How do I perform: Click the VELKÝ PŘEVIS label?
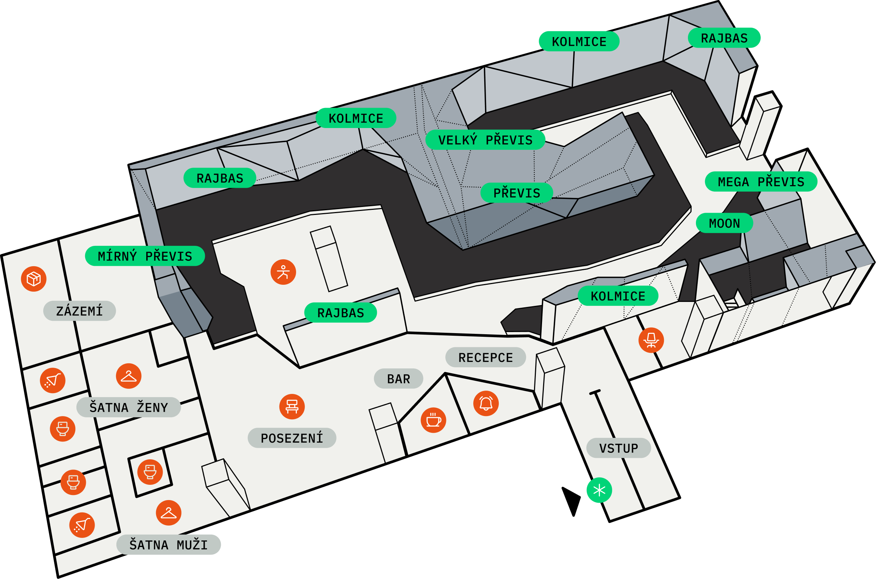(x=485, y=140)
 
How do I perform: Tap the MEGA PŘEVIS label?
(x=761, y=181)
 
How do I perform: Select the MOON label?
(x=725, y=223)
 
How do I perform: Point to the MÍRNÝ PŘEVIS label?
(x=145, y=256)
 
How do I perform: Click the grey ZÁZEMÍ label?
(x=79, y=311)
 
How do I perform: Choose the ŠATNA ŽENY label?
(x=128, y=407)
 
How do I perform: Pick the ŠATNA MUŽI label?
(x=168, y=545)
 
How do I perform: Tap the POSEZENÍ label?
(x=292, y=438)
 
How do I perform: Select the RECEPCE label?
(x=486, y=358)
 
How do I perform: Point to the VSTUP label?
(x=618, y=448)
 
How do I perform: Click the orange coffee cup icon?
(x=434, y=420)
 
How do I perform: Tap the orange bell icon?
(x=486, y=404)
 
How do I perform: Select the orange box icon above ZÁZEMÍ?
(x=33, y=279)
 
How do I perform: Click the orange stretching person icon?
(x=283, y=272)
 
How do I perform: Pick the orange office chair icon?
(x=652, y=340)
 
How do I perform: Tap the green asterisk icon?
(x=600, y=490)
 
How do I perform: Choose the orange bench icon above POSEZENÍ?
(x=292, y=407)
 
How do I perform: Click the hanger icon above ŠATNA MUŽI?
(x=169, y=513)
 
